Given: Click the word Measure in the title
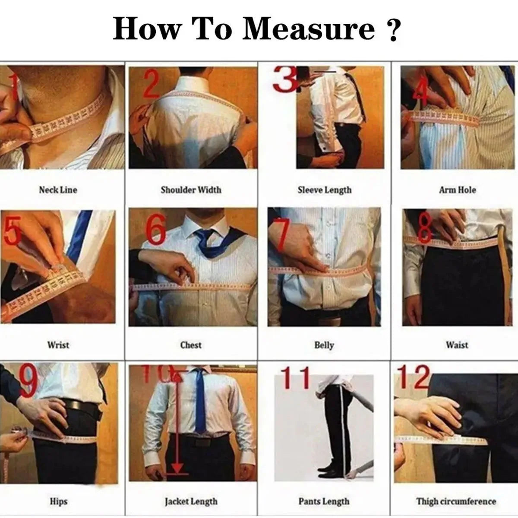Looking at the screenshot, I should pyautogui.click(x=308, y=29).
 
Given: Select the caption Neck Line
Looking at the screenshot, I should pyautogui.click(x=58, y=190).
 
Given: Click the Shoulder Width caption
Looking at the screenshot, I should pyautogui.click(x=191, y=190).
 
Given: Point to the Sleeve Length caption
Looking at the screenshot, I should pyautogui.click(x=324, y=190).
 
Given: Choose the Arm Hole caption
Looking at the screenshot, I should pyautogui.click(x=457, y=190).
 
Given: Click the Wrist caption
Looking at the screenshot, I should pyautogui.click(x=58, y=345).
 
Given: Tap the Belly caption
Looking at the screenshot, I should pyautogui.click(x=324, y=345).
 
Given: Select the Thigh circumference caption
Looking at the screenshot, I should pyautogui.click(x=456, y=502).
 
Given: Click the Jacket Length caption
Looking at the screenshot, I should pyautogui.click(x=191, y=502).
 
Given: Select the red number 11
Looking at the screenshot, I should pyautogui.click(x=296, y=378).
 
